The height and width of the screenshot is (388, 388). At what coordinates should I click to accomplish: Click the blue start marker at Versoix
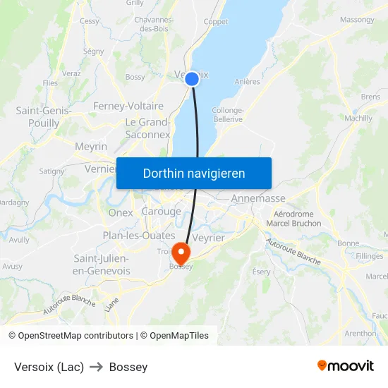pos(191,80)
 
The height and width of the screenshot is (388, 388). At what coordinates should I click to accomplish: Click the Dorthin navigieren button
pos(194,174)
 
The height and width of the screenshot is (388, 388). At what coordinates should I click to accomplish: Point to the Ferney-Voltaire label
pos(128,107)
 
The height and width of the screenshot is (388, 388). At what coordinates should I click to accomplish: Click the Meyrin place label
pos(91,147)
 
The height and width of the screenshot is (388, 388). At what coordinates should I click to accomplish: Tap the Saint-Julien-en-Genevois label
pos(102,265)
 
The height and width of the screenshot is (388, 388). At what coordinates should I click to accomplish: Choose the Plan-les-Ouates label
pos(138,236)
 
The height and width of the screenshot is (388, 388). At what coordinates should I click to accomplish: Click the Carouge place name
pos(162,212)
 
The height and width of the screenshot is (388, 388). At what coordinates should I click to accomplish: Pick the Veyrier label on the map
pos(208,238)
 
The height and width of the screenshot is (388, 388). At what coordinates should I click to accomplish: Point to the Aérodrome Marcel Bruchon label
pos(293,219)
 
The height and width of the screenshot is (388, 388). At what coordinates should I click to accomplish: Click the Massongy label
pos(357,20)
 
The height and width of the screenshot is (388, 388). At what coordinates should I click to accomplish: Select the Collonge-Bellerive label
pos(227,115)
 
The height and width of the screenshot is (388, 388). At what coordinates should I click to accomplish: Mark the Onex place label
pos(120,212)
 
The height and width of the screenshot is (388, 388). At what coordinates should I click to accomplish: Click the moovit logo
pos(346,365)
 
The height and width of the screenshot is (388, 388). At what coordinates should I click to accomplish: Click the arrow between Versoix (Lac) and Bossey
pos(97,367)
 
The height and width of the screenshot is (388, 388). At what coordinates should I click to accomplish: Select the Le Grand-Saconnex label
pos(148,128)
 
